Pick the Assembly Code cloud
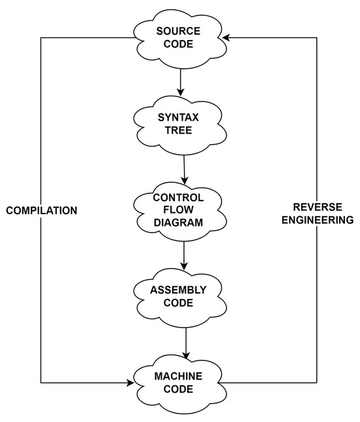pyautogui.click(x=179, y=296)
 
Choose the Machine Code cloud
pyautogui.click(x=179, y=382)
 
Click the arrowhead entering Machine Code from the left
pyautogui.click(x=130, y=382)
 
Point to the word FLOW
pyautogui.click(x=178, y=210)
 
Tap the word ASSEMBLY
pyautogui.click(x=179, y=289)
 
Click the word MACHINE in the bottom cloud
pyautogui.click(x=179, y=375)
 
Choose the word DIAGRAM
pyautogui.click(x=178, y=222)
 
